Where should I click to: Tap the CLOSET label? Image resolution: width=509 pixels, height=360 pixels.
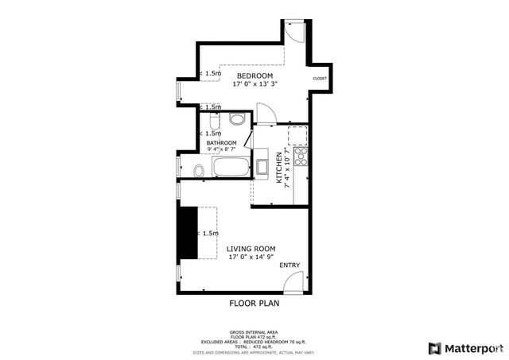320,79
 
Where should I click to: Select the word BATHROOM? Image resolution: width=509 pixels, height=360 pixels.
222,142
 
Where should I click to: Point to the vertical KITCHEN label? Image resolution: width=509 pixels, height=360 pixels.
279,168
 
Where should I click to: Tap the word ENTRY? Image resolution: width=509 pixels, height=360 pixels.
289,265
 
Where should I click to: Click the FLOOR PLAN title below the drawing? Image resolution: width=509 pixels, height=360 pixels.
254,303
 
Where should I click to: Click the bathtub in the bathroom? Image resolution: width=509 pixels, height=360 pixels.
231,168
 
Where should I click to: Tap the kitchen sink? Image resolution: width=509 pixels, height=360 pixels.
262,168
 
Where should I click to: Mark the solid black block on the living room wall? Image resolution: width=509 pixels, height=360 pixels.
188,232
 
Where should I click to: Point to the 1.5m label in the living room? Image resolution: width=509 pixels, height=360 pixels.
210,234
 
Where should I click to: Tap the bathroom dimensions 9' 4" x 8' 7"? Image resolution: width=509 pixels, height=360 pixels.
222,149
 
